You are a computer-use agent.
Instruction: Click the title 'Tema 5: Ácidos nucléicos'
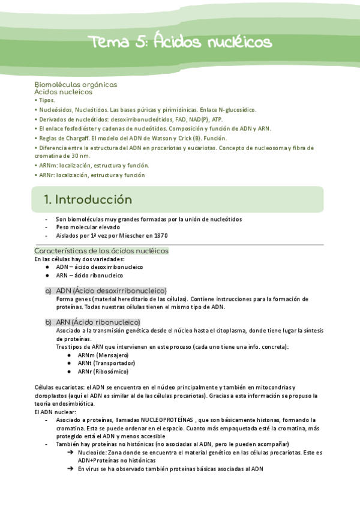(180, 43)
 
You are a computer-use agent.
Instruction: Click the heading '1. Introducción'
(88, 200)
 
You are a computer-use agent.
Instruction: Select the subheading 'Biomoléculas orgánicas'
(76, 85)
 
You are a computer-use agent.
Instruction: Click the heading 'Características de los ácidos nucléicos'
(101, 250)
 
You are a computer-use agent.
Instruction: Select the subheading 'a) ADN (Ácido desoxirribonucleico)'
(106, 291)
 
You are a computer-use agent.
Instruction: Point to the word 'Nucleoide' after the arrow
(92, 453)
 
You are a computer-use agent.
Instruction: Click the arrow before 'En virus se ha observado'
(70, 469)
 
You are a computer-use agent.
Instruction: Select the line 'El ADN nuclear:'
(56, 412)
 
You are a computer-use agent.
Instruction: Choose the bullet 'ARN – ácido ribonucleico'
(90, 276)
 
